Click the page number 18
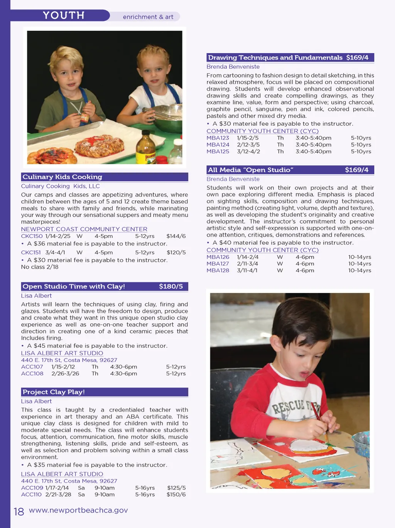[x=19, y=511]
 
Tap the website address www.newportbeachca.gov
[x=78, y=510]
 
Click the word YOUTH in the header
[x=64, y=15]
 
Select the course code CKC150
[x=32, y=236]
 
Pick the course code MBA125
[x=218, y=151]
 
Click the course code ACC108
[x=32, y=373]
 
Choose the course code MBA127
[x=218, y=264]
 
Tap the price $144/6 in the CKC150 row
[x=176, y=236]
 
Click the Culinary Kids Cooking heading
[x=62, y=177]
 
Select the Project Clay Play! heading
[x=54, y=392]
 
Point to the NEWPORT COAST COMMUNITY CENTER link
[x=84, y=229]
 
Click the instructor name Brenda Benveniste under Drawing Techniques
[x=233, y=67]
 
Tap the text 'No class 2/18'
[x=40, y=267]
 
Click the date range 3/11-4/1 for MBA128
[x=247, y=271]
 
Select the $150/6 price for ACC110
[x=176, y=494]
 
